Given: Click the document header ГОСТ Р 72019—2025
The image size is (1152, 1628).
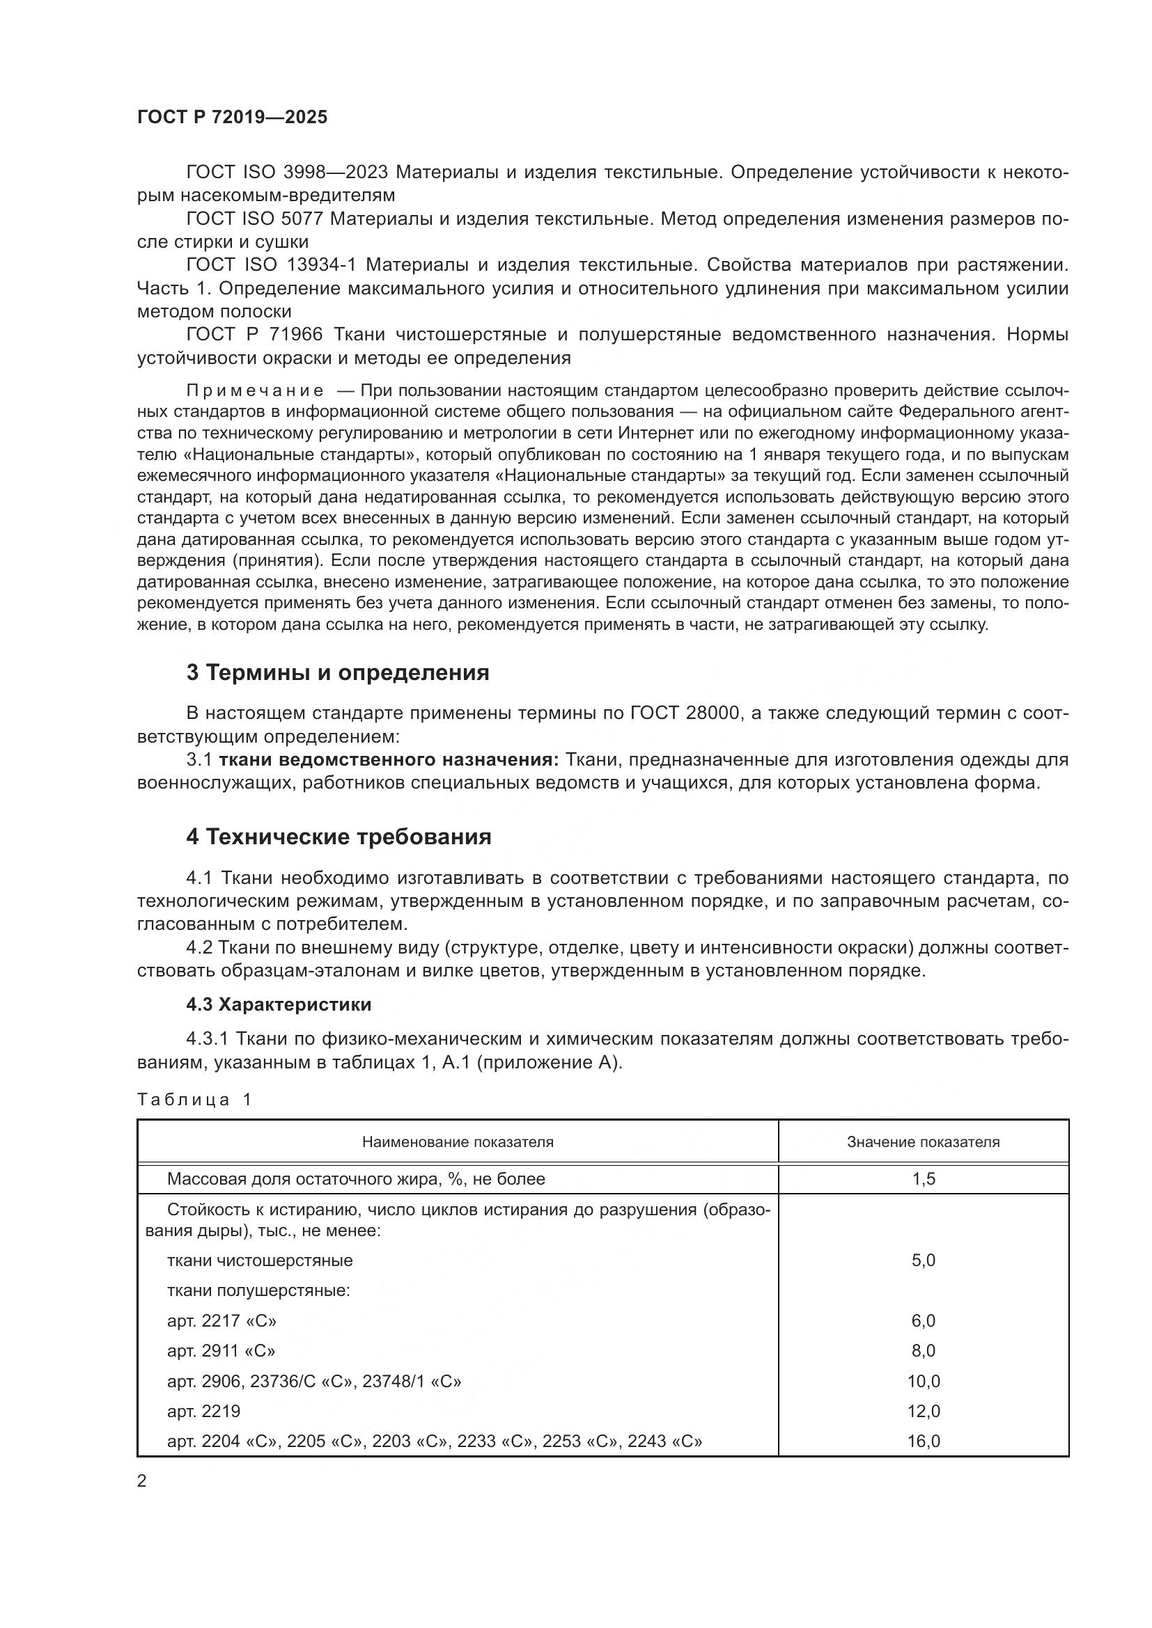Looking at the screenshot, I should click(232, 117).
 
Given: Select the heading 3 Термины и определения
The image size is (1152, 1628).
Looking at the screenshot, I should click(338, 672).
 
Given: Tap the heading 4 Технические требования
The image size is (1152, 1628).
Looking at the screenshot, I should click(338, 837).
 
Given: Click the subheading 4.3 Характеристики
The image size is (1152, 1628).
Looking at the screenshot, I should click(279, 1004).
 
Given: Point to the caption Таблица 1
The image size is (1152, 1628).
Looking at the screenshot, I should click(194, 1100).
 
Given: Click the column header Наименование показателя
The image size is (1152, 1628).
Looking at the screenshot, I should click(458, 1141).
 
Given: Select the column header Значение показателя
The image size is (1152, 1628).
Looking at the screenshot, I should click(923, 1141).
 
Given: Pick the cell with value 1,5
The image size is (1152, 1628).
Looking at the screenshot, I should click(923, 1179).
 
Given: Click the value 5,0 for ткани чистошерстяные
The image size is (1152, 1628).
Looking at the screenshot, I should click(923, 1260).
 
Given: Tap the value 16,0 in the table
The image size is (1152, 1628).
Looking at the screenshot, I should click(923, 1441).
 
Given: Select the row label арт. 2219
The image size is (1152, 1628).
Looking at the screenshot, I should click(203, 1411).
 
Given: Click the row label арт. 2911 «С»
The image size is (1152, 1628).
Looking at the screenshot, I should click(221, 1351).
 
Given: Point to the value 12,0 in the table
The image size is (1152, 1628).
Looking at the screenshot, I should click(923, 1411).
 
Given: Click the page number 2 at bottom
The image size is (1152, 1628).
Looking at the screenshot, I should click(142, 1481).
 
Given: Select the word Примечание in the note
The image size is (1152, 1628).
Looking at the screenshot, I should click(255, 390).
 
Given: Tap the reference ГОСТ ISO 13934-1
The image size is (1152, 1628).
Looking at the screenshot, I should click(271, 265).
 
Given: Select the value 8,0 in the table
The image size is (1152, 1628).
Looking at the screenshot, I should click(923, 1351).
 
